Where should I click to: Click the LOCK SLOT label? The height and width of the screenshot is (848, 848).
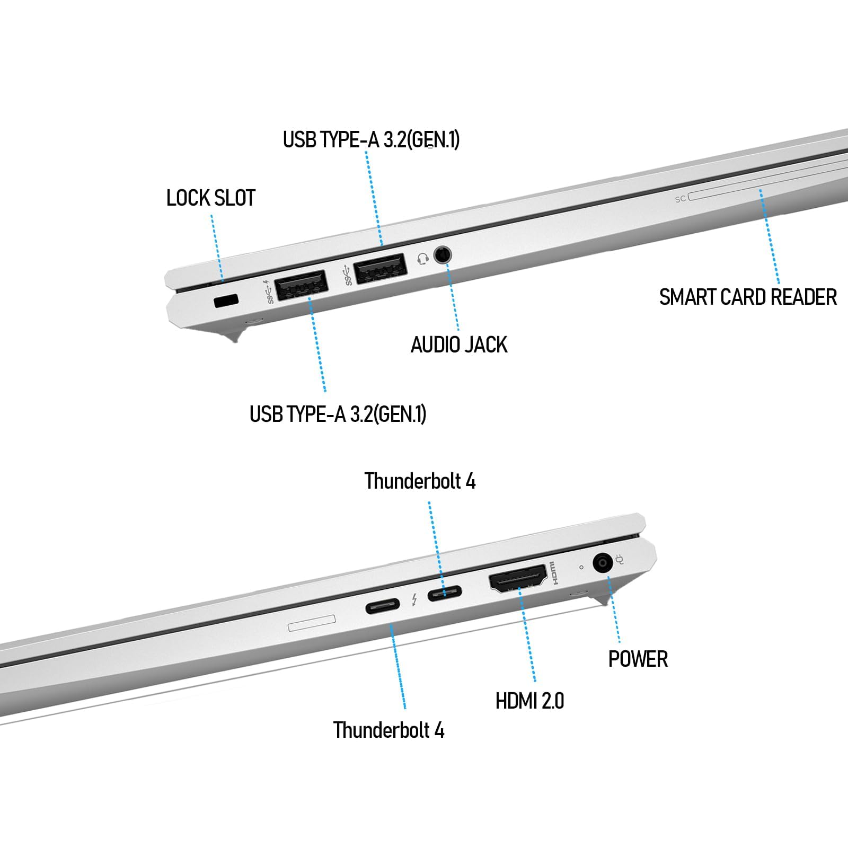click(x=211, y=198)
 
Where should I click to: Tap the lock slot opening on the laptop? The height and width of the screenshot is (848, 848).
click(x=226, y=301)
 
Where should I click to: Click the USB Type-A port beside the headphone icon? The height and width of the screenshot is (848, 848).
click(x=380, y=269)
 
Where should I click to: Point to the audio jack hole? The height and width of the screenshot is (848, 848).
click(x=443, y=255)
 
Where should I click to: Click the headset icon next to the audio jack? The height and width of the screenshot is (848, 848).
click(x=422, y=259)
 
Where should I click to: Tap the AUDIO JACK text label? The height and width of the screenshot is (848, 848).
click(x=459, y=345)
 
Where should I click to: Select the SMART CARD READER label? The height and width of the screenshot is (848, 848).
click(x=748, y=297)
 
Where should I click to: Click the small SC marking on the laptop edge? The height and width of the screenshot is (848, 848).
click(x=681, y=199)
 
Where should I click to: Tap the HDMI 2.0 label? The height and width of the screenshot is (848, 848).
click(x=529, y=701)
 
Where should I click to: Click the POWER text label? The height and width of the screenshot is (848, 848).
click(x=638, y=659)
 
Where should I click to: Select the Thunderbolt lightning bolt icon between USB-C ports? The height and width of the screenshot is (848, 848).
click(x=414, y=599)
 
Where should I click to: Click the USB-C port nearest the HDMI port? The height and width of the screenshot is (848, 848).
click(x=445, y=592)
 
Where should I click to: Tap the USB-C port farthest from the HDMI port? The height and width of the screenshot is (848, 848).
click(x=383, y=606)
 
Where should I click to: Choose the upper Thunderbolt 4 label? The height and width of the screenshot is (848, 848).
click(x=420, y=481)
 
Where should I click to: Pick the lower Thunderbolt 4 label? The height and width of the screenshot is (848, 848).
click(x=388, y=730)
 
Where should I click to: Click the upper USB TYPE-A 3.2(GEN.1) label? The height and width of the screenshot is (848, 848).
click(x=371, y=139)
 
